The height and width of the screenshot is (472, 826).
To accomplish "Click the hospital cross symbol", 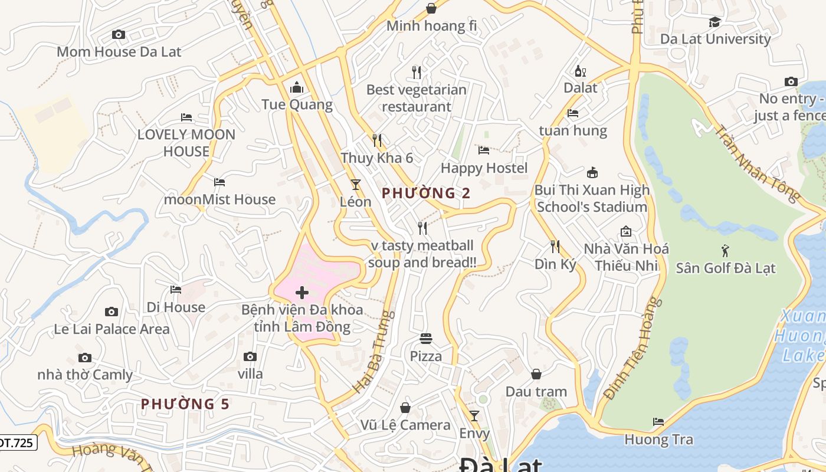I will click(302, 293).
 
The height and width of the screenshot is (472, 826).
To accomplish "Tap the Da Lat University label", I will click(715, 39).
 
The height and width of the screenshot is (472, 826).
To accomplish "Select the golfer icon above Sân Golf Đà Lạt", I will click(725, 251).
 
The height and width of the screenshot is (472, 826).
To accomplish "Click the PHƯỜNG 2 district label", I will click(426, 193).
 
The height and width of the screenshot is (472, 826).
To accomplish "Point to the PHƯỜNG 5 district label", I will click(185, 404).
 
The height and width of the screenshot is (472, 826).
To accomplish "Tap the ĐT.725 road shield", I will click(18, 442).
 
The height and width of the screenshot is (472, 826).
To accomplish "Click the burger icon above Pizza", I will click(426, 339).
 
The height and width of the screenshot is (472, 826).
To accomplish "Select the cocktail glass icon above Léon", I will click(356, 185).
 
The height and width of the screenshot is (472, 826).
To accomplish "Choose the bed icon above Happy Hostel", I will click(484, 150).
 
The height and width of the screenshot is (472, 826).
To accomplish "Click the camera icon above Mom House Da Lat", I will click(119, 35).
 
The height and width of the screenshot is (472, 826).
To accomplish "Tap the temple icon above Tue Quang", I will click(297, 88).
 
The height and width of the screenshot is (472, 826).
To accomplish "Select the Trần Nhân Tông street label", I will click(758, 162).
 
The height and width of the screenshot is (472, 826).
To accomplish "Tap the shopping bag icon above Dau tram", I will click(536, 374).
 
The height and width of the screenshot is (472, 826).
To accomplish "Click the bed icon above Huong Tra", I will click(658, 422).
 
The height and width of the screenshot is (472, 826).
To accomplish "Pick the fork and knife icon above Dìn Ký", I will click(555, 246).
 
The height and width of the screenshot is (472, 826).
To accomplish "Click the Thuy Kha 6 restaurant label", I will click(376, 158).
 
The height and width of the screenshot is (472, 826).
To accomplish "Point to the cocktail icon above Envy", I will click(474, 416).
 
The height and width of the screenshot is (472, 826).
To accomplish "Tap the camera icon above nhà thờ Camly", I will click(85, 358).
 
